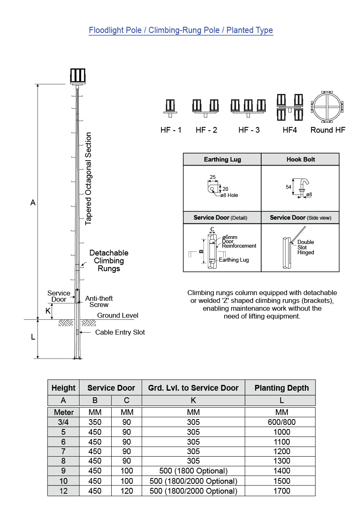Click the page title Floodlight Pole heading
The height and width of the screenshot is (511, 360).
point(181,30)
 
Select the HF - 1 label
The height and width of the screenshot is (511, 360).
point(171,130)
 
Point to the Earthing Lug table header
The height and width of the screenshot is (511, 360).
point(222,159)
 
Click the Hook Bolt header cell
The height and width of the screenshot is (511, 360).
point(301,159)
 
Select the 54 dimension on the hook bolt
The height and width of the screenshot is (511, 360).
point(288,187)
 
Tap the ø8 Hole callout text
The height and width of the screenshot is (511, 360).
point(229,195)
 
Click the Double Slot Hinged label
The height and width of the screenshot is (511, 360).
point(306,247)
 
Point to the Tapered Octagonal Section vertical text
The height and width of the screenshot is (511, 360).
point(89,178)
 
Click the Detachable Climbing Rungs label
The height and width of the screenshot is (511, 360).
point(109,260)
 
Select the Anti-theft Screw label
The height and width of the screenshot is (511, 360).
point(99,302)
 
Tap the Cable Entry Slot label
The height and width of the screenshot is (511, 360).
point(120,332)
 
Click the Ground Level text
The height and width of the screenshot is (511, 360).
point(118,316)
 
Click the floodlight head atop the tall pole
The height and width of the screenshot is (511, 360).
point(77,76)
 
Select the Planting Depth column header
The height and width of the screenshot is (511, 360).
point(281,388)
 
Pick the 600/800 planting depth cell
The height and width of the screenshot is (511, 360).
point(281,422)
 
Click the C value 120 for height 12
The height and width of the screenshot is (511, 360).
point(126,491)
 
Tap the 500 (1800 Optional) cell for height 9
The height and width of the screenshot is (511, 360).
point(193,471)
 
